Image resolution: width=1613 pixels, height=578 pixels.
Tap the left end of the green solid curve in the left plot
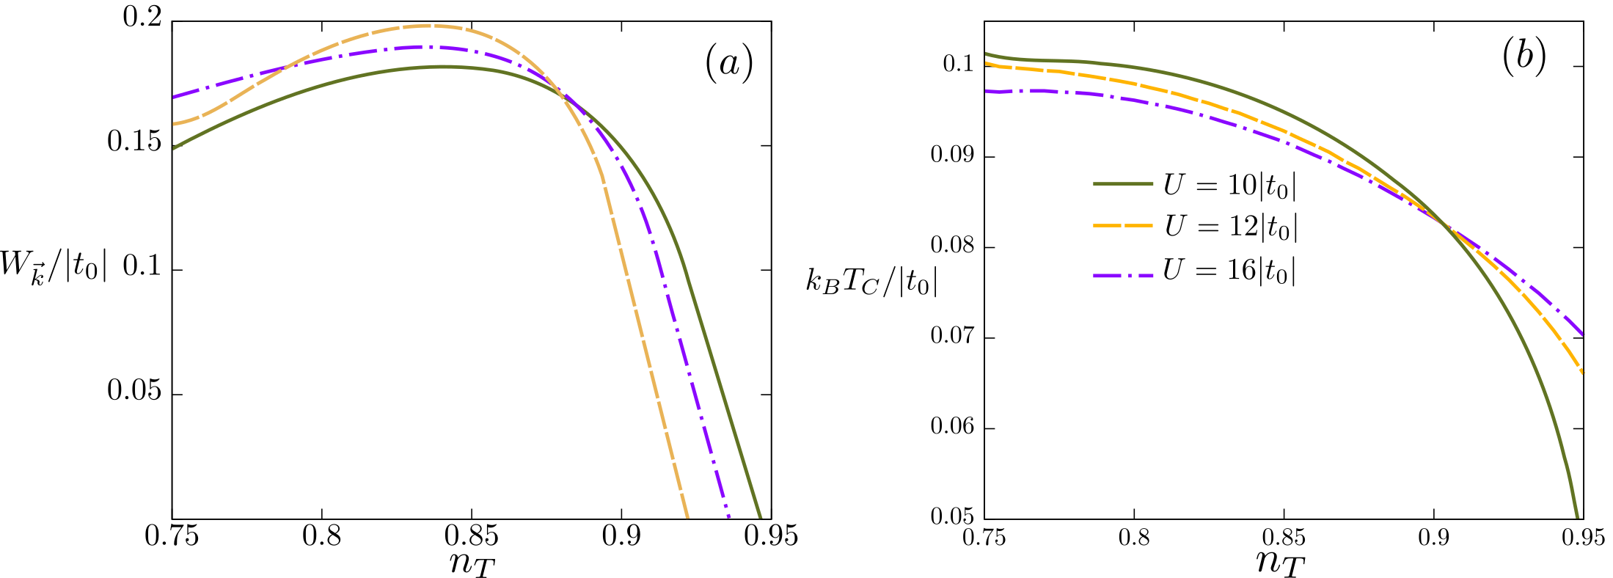[x=174, y=148]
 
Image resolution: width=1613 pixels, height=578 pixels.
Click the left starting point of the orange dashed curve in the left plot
[x=174, y=124]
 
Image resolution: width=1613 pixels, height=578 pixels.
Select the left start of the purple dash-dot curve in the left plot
[x=174, y=97]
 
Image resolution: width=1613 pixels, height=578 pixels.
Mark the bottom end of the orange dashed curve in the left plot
[x=687, y=517]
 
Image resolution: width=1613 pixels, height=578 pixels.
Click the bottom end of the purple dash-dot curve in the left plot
[x=728, y=517]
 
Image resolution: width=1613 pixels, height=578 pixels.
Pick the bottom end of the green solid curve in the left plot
[x=761, y=517]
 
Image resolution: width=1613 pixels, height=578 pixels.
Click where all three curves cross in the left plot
[x=563, y=96]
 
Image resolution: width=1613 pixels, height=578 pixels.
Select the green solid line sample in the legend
[x=1123, y=183]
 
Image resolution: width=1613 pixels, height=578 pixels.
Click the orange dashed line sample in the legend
[x=1123, y=226]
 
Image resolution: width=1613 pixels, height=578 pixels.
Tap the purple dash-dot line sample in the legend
[x=1123, y=276]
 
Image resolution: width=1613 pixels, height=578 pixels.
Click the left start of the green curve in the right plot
[x=986, y=53]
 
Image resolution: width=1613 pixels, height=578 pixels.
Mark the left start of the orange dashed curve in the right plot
[x=986, y=63]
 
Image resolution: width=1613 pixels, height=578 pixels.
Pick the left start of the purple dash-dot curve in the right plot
[x=986, y=91]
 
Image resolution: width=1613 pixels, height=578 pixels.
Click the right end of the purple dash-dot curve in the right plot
[x=1584, y=334]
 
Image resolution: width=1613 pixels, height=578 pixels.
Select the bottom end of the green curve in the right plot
[x=1578, y=517]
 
